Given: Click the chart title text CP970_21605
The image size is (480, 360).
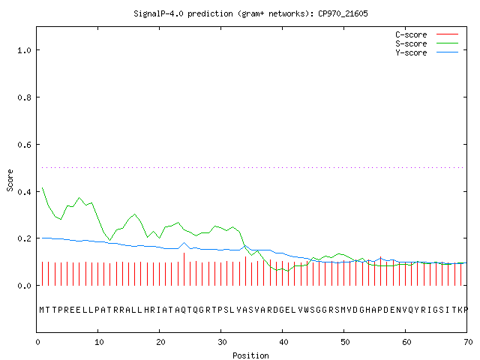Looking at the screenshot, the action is (343, 13).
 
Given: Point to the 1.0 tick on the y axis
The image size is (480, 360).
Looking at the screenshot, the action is (24, 50).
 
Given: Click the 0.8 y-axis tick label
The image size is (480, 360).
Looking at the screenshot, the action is (24, 97).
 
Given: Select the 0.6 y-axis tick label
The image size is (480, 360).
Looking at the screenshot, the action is (24, 145).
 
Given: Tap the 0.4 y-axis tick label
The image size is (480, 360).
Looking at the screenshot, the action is (24, 192).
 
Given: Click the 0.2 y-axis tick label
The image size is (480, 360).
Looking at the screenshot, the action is (24, 238).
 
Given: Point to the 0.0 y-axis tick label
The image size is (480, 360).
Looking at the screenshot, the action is (24, 286).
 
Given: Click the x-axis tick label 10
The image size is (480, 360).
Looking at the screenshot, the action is (99, 342).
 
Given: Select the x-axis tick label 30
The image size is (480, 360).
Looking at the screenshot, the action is (222, 342).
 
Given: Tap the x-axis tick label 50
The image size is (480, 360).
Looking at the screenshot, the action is (345, 342).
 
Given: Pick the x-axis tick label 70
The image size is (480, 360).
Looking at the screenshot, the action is (468, 342).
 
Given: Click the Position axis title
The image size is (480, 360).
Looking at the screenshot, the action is (250, 355).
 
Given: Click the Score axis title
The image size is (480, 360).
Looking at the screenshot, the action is (10, 180).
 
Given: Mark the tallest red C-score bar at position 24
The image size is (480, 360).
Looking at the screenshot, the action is (184, 269).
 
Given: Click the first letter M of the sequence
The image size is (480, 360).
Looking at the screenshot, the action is (42, 310).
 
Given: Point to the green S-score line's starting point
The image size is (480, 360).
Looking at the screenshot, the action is (42, 187).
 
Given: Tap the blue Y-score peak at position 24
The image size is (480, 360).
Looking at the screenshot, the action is (184, 243).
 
